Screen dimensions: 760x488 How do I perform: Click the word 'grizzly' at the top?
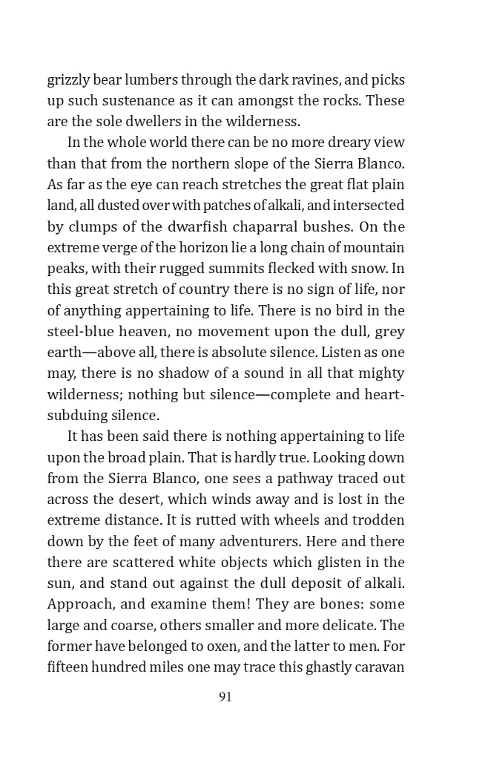pyautogui.click(x=67, y=79)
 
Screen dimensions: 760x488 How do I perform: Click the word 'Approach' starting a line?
pyautogui.click(x=76, y=604)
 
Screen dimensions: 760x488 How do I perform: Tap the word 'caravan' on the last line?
pyautogui.click(x=378, y=666)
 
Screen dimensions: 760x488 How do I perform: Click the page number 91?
pyautogui.click(x=225, y=697)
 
